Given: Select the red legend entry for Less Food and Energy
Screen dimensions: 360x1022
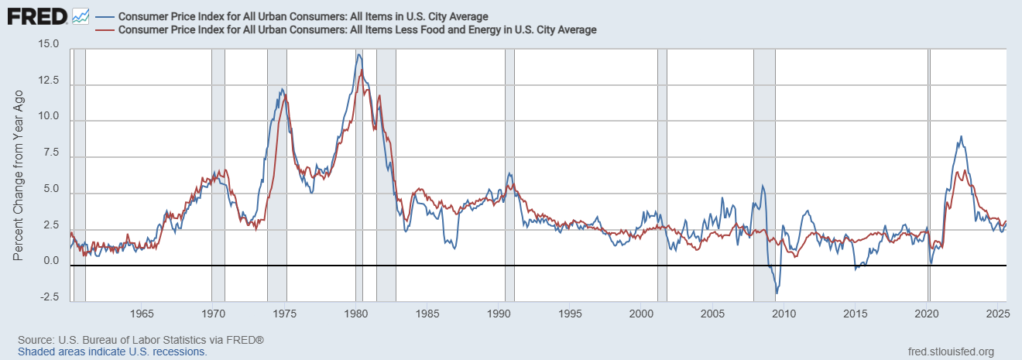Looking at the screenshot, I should pos(356,29).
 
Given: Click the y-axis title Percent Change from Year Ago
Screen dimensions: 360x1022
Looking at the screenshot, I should pos(19,173).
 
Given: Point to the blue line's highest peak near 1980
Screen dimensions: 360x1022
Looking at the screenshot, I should pos(358,54).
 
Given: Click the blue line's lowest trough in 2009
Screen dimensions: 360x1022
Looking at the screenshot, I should pos(777,293).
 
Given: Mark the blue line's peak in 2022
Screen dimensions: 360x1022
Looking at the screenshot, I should pos(961,137).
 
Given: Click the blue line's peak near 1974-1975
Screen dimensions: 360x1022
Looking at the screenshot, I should pos(282,89).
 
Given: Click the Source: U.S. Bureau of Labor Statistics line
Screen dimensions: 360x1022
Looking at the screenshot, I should pos(141,340).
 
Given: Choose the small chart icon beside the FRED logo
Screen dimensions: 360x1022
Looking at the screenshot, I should pos(80,15).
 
